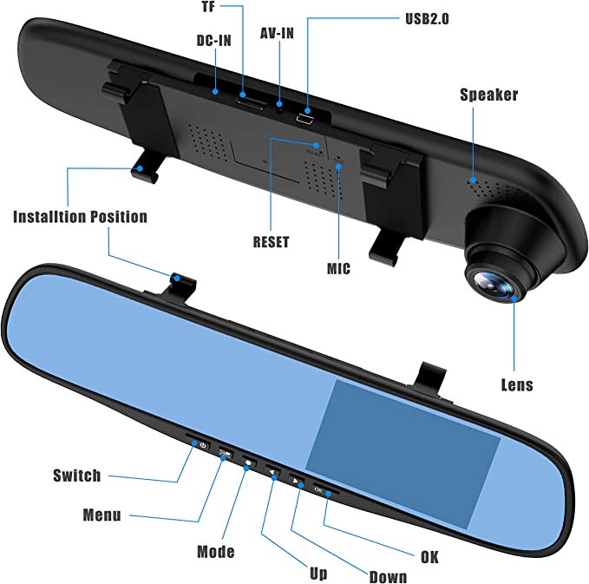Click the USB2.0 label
pos(427,19)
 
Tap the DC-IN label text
pos(213,41)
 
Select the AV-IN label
pos(277,34)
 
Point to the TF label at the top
pos(208,7)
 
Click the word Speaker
pos(488,95)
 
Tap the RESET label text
pos(271,242)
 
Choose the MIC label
pos(338,269)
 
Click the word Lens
pos(517,385)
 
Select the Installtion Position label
pos(80,217)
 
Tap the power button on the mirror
pos(203,446)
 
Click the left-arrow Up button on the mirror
pos(272,472)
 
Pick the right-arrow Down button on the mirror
pos(297,481)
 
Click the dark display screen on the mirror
pos(402,455)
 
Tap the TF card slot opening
pos(251,104)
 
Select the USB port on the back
pos(305,120)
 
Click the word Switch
pos(77,476)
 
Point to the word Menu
pos(101,515)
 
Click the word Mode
pos(216,552)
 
